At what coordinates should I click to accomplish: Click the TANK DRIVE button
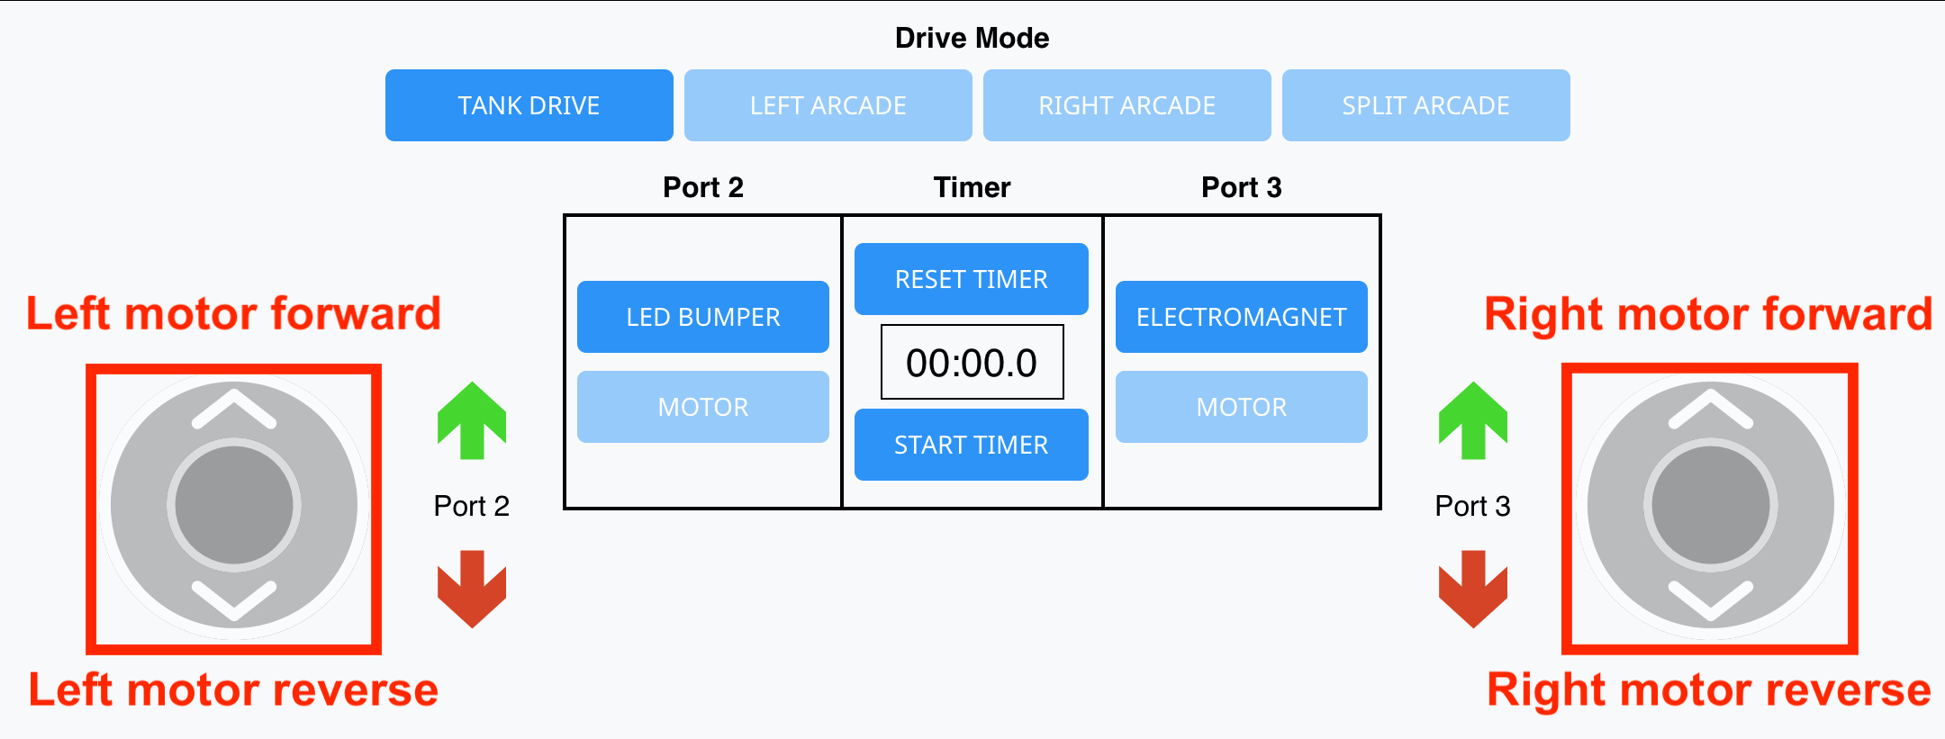point(529,105)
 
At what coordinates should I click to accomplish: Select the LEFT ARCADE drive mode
point(828,105)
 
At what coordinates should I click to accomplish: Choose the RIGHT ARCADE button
point(1126,105)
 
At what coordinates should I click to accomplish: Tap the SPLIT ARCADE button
point(1425,105)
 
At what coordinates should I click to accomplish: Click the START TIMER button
point(971,445)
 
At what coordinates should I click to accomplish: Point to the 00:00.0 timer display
point(972,362)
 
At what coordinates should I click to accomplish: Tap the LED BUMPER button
point(702,317)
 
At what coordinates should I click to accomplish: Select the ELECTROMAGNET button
point(1241,317)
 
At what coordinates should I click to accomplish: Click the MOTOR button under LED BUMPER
point(702,407)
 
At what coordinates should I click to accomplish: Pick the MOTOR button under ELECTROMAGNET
point(1241,407)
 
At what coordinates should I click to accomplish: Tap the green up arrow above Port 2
point(472,421)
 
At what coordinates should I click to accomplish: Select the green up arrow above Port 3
point(1472,421)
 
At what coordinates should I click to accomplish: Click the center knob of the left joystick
point(234,505)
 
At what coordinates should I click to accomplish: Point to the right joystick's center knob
point(1710,505)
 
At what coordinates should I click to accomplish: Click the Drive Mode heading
point(972,38)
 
